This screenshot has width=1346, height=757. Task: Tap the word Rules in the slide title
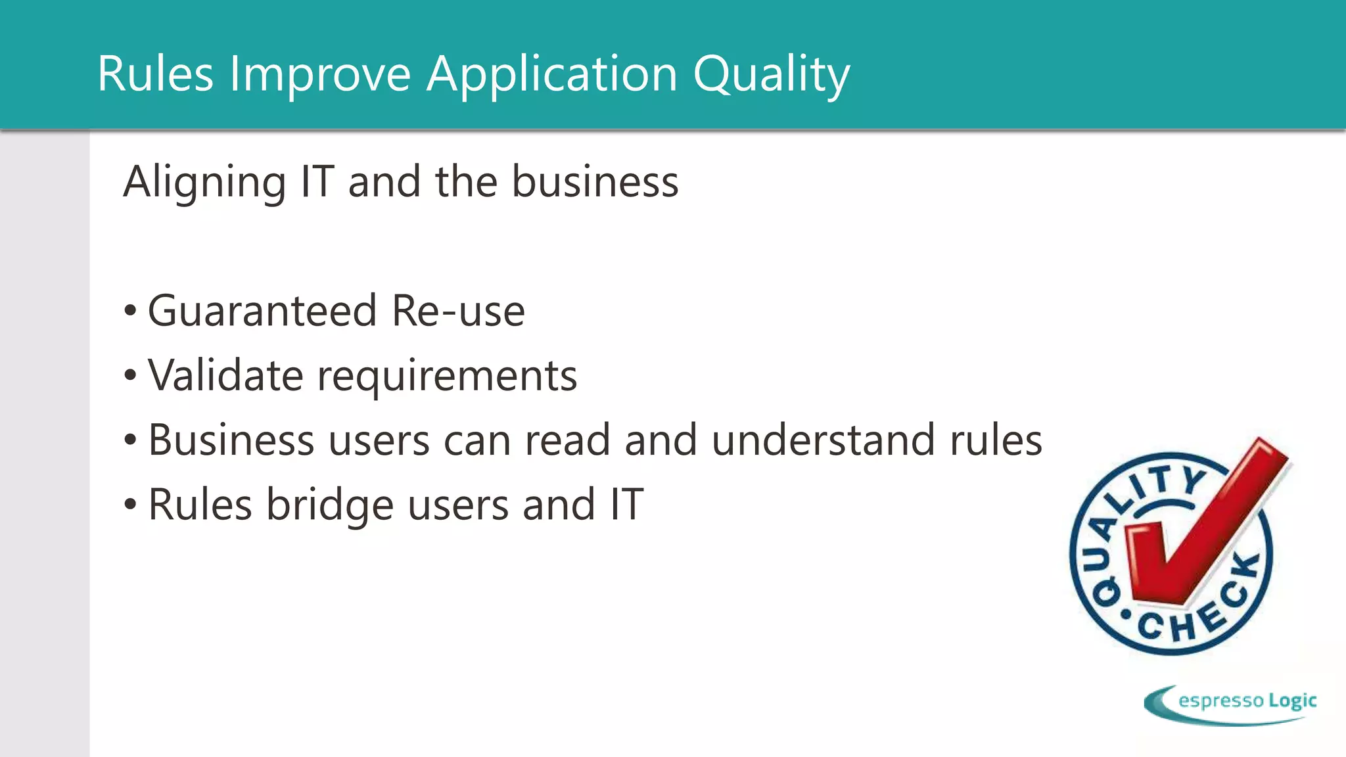[155, 74]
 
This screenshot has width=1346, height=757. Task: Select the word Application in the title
[551, 74]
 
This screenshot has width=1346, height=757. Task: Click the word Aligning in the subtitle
[204, 182]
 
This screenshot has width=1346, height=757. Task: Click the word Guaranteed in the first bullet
[262, 311]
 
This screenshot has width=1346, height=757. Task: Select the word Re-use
[458, 311]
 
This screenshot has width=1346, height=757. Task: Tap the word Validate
[225, 375]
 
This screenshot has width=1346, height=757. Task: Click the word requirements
[447, 377]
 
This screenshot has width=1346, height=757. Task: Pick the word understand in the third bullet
[824, 440]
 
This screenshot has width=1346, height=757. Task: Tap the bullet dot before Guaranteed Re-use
[130, 311]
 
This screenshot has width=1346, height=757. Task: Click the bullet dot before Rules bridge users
[130, 505]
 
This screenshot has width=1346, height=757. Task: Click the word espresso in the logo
[1221, 700]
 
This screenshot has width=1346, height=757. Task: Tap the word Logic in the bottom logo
[1292, 700]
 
